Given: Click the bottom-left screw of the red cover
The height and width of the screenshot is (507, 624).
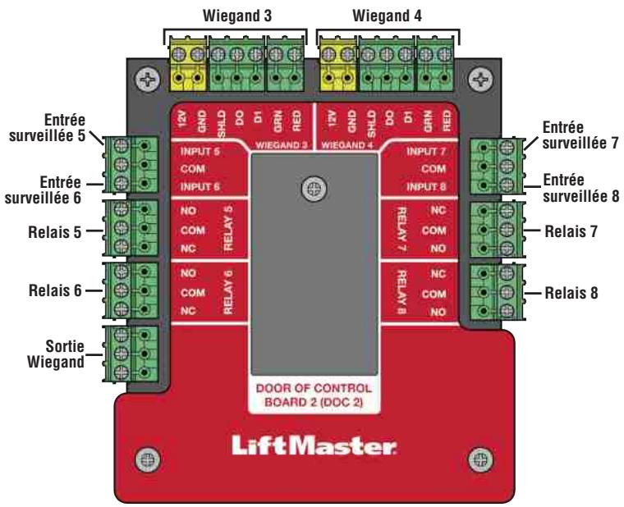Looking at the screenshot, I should click(x=147, y=457).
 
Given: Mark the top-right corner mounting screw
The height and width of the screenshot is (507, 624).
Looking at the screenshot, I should click(x=479, y=80).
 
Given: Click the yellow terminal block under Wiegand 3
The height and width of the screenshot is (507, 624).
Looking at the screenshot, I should click(x=187, y=66).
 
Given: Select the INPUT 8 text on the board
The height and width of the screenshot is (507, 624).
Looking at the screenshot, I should click(x=429, y=187).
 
